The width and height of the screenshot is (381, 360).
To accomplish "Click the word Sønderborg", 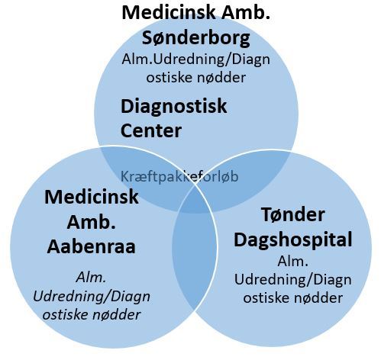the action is point(196,39).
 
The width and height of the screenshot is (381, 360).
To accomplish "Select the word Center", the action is point(151,130).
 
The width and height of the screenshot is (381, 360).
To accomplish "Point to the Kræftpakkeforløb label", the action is point(179,176).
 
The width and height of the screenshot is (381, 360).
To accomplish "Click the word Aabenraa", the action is point(91,246).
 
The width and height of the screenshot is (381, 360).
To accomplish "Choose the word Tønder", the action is point(293,214).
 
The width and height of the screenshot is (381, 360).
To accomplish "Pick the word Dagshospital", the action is point(293,240).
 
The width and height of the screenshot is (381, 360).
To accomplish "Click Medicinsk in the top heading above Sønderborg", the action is point(169,13).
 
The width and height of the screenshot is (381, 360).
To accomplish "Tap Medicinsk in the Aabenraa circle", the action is point(92,197).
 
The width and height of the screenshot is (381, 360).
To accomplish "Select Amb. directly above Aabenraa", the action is point(92,222).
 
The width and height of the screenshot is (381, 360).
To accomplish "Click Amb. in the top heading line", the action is point(246,13).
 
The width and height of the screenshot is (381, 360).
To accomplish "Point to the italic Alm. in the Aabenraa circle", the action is point(91,278).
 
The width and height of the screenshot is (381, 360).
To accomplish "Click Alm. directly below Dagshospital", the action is point(293,262).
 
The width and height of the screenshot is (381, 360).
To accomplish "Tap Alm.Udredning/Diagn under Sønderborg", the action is point(196,60).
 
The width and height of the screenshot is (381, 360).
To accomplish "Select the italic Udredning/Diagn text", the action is point(92,297).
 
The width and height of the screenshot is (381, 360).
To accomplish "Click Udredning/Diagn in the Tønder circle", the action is point(293,281).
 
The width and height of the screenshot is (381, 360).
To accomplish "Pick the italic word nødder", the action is point(116,315).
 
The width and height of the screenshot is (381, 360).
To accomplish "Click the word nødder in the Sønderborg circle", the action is point(221,78).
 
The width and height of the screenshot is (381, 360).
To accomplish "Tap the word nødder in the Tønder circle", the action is point(318,298).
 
